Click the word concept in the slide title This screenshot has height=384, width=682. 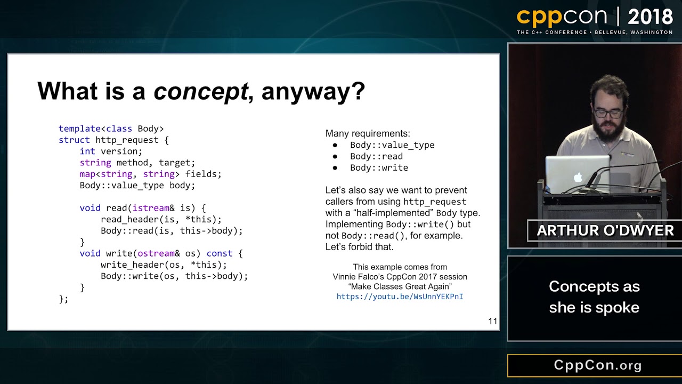click(201, 91)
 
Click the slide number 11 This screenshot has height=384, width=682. click(492, 321)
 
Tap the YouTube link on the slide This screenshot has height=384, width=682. click(400, 297)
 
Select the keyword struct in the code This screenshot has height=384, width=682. click(74, 140)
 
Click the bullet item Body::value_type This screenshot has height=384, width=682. click(392, 145)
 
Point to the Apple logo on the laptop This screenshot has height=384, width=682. click(578, 177)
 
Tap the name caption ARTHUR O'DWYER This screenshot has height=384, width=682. click(605, 230)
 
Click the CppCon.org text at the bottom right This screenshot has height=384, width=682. click(598, 365)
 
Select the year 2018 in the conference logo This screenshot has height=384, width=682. click(650, 17)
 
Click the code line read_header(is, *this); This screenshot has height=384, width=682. click(161, 219)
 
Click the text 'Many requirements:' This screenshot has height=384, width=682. click(368, 133)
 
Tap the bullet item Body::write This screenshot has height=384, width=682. click(379, 168)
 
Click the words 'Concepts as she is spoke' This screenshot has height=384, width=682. click(594, 297)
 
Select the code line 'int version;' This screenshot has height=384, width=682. click(111, 151)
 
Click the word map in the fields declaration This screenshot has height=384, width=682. click(87, 174)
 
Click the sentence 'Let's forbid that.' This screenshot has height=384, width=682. click(359, 247)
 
